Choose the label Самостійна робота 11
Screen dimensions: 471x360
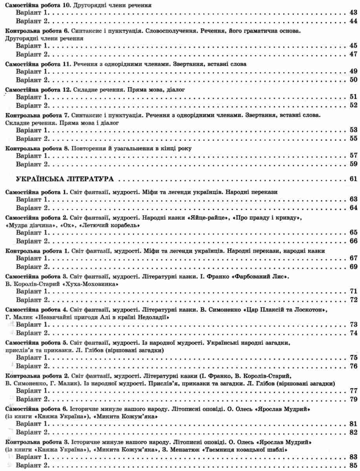tap(35, 64)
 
